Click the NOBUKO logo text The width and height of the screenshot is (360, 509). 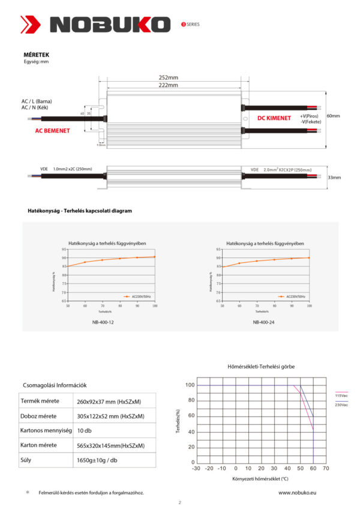coord(110,24)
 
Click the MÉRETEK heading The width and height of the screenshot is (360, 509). coord(35,54)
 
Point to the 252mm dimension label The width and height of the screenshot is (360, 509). coord(168,77)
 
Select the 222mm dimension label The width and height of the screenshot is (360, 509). coord(168,85)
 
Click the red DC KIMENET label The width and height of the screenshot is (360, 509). coord(274,118)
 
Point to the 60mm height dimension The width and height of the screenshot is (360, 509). coord(333,116)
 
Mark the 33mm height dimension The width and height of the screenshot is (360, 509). coord(333,178)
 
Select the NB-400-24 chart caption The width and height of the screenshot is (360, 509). coord(264,322)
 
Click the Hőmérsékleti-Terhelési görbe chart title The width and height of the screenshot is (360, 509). coord(261,366)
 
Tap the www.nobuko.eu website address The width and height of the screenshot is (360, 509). coord(297,492)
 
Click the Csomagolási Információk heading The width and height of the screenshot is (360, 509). coord(55,385)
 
